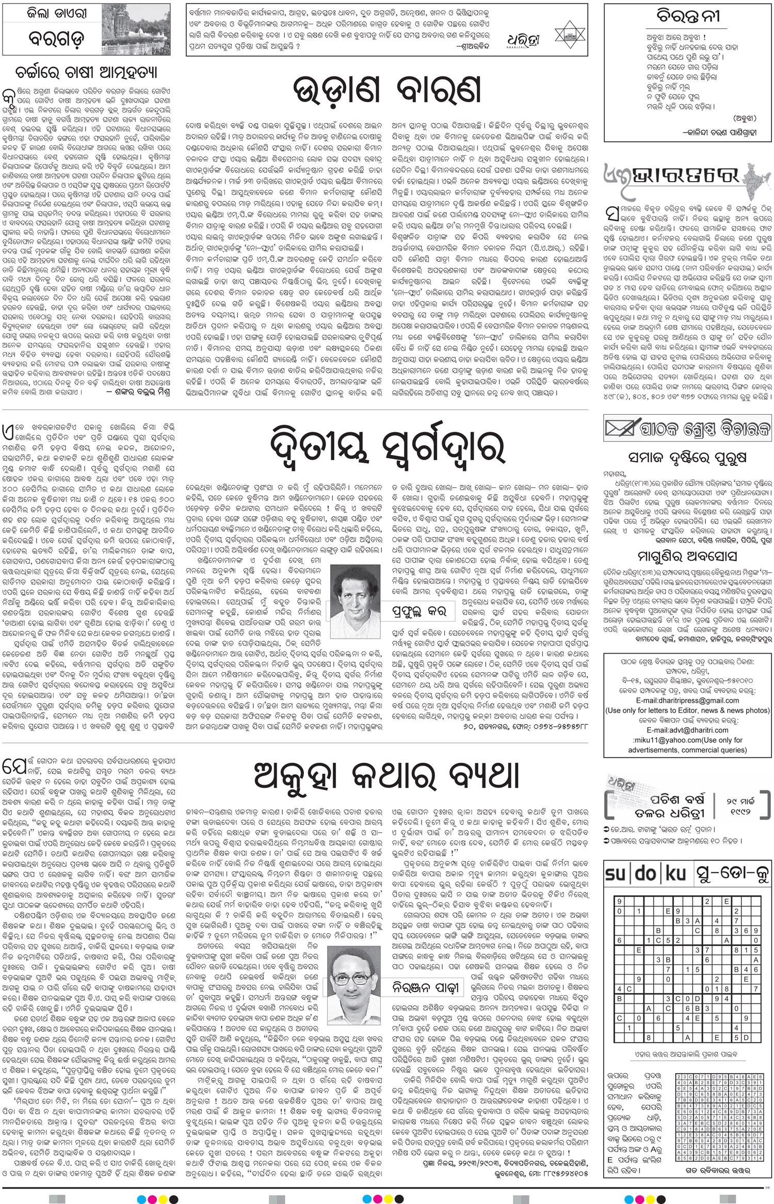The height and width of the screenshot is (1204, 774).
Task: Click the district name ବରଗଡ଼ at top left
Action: pos(57,39)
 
